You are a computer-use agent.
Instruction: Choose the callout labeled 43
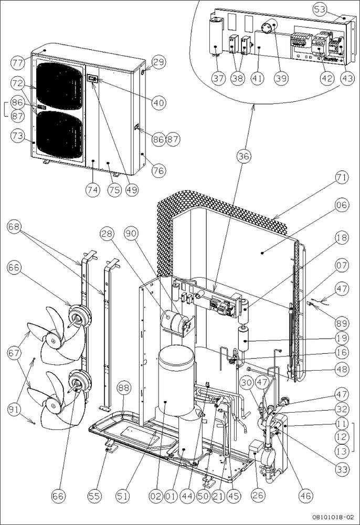346,78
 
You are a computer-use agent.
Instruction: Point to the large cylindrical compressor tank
177,378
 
